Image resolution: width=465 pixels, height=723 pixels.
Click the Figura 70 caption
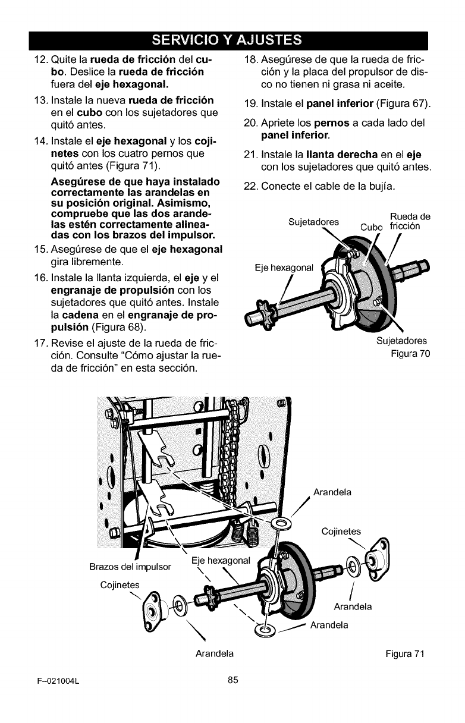(410, 354)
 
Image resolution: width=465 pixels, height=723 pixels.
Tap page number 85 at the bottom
(232, 681)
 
